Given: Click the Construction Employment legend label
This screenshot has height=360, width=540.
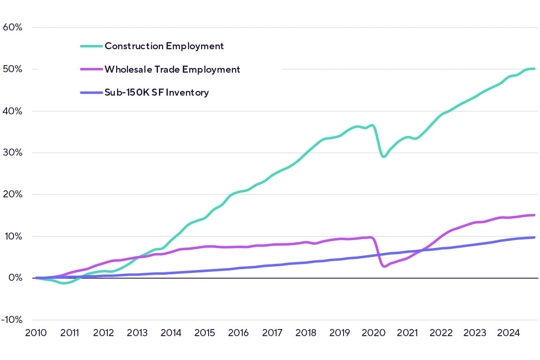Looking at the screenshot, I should click(164, 46).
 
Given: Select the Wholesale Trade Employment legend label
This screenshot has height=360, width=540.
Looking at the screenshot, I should click(172, 69).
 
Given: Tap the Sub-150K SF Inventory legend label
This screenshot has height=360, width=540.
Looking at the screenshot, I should click(157, 92).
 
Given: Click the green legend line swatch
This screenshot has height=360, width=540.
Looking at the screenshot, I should click(91, 46).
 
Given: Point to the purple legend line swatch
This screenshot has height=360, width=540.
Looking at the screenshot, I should click(91, 69).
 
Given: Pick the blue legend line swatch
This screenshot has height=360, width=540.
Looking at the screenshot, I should click(91, 92).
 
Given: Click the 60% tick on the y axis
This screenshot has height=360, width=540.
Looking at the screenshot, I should click(13, 27).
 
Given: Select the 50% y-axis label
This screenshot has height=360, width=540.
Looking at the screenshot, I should click(13, 69).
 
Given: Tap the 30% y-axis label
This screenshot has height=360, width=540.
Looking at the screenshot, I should click(13, 153).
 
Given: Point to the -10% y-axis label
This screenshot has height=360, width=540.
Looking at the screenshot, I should click(12, 320).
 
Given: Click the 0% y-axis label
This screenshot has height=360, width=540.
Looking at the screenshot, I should click(15, 278).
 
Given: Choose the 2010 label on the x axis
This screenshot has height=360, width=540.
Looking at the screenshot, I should click(36, 333).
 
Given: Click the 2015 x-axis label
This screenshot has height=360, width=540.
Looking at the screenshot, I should click(204, 333).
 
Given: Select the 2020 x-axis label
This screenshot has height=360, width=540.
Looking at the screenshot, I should click(374, 333).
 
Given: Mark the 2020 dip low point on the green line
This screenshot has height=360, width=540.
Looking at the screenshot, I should click(384, 157).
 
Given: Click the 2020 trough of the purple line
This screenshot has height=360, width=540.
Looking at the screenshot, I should click(384, 266).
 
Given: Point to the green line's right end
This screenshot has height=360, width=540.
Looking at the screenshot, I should click(534, 69).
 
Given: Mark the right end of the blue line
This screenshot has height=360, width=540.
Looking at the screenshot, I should click(534, 237).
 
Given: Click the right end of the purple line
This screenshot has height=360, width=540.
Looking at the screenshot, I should click(534, 215).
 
